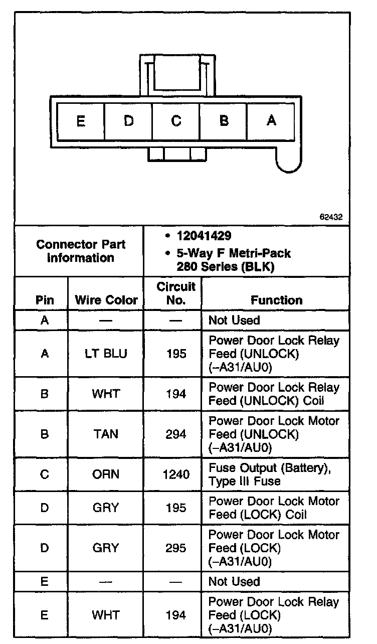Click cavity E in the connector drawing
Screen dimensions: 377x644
81,121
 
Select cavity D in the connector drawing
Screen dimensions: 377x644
128,121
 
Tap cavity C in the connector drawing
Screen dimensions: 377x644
176,121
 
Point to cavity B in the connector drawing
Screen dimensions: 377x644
224,121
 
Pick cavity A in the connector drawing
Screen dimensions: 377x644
271,121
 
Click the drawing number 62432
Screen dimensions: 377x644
331,217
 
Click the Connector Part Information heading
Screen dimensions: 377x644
81,251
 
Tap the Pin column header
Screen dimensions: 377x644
44,300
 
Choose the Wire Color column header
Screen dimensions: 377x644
106,300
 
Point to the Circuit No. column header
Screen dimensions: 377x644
175,293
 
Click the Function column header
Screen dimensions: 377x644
276,300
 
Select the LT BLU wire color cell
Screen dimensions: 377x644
106,354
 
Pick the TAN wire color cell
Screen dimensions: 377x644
106,434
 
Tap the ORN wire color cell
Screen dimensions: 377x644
106,474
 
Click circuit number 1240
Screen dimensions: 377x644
175,474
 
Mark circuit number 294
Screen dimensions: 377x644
175,434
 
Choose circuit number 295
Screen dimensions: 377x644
175,548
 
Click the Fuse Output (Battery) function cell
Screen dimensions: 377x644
271,474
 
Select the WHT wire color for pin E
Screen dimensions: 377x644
106,615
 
